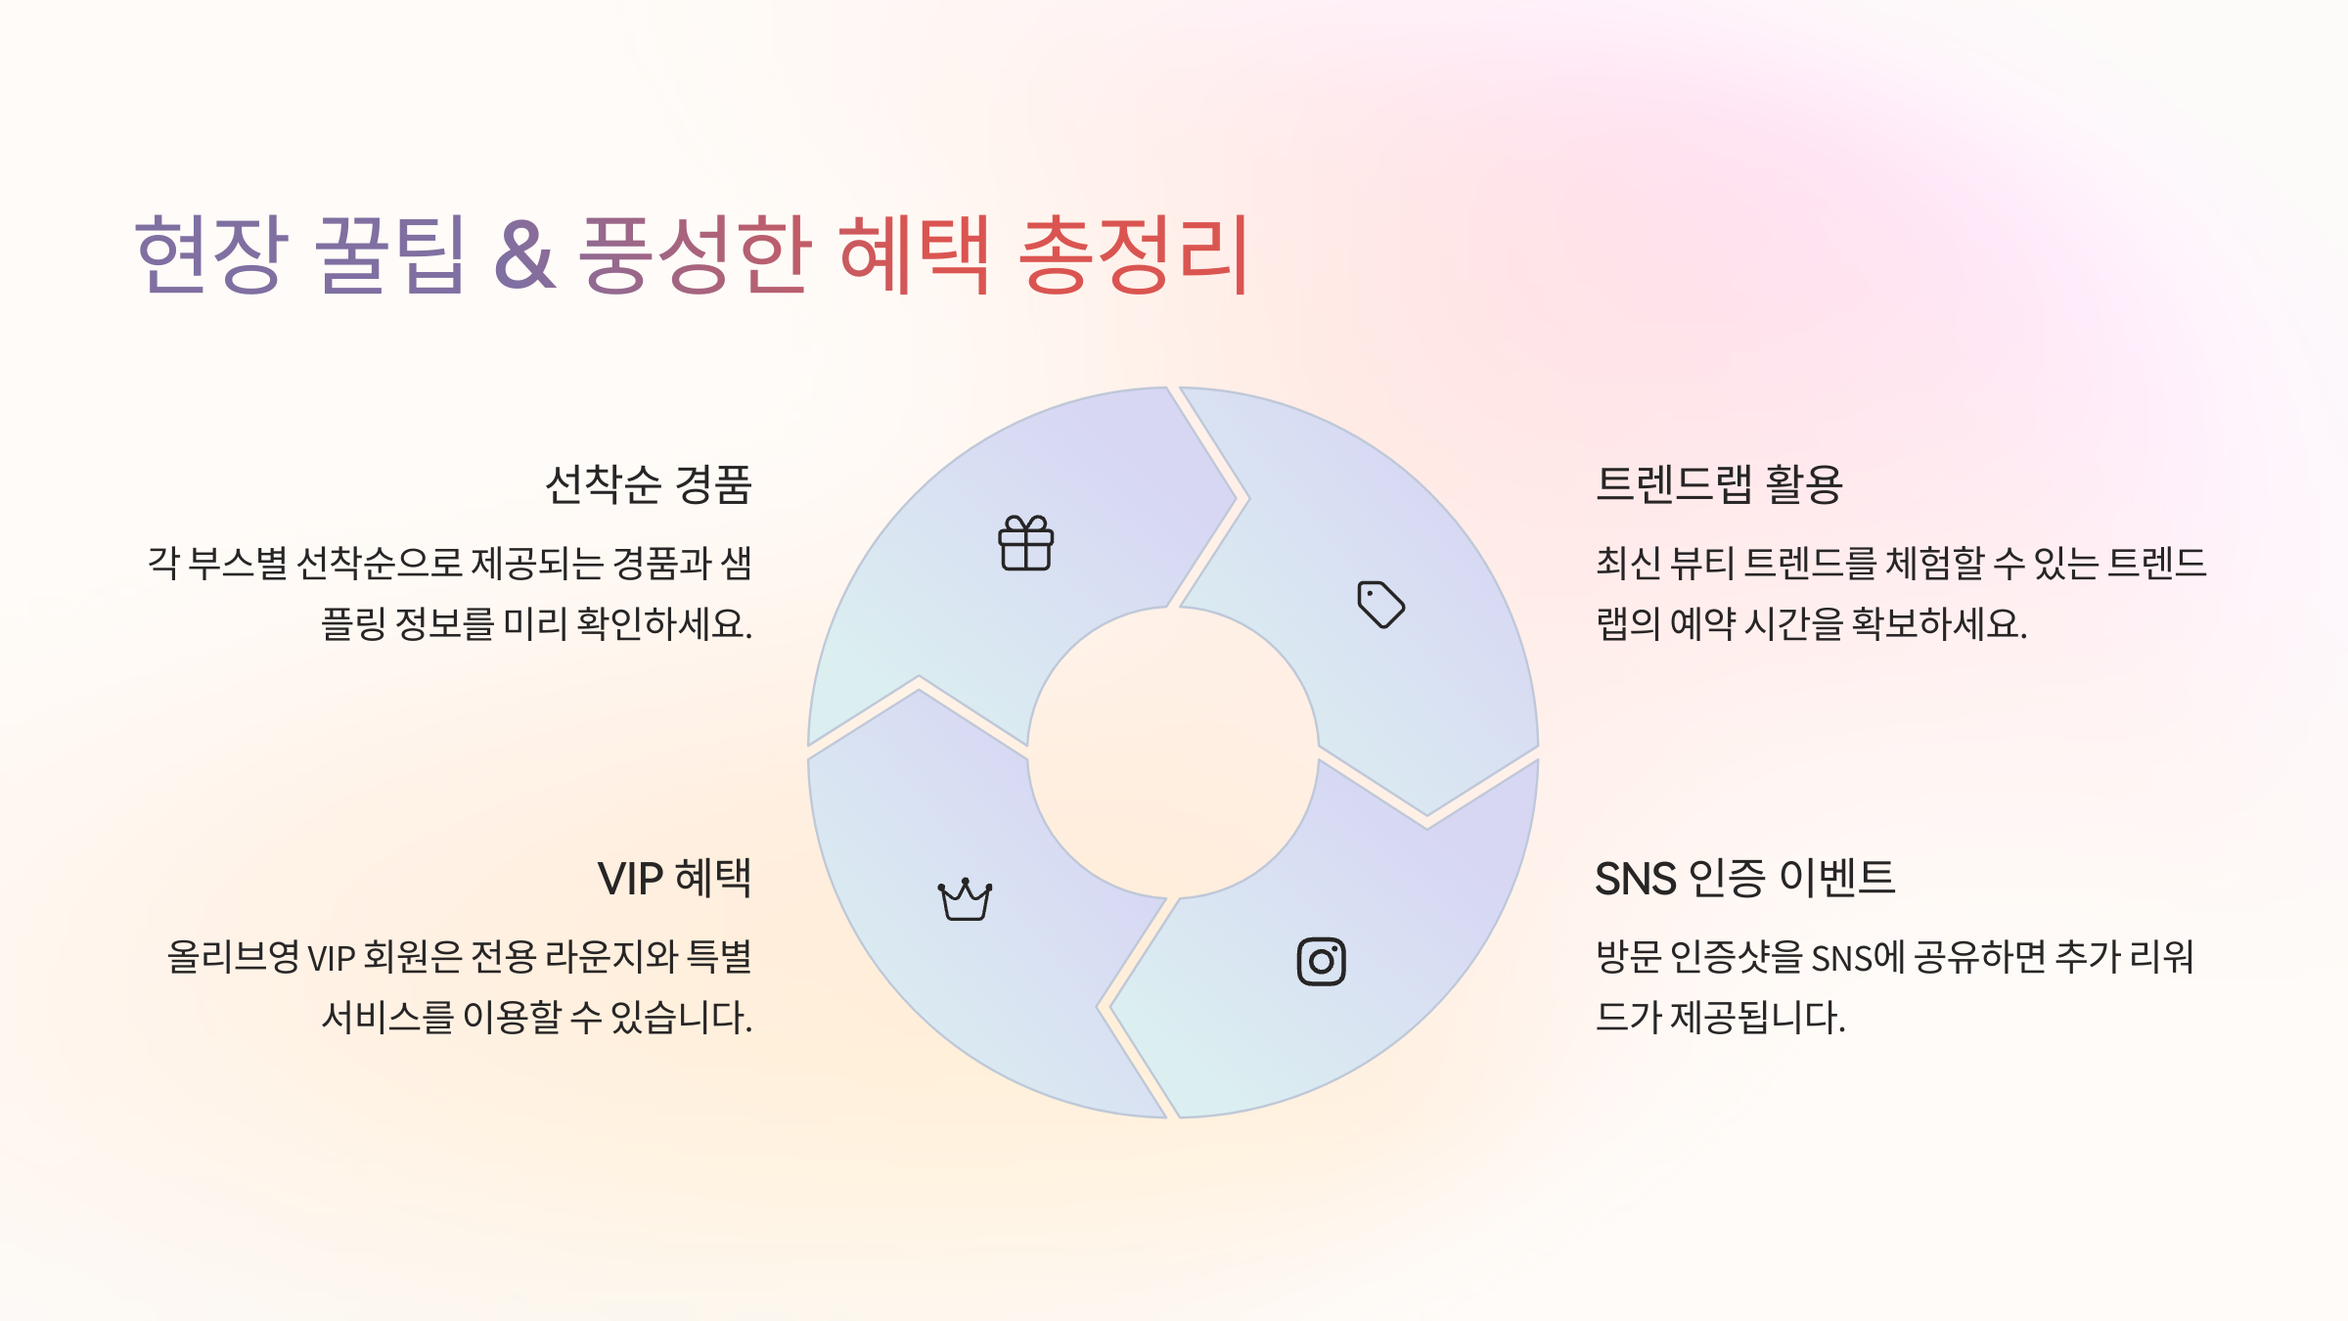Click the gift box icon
(1025, 543)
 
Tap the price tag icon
(1380, 604)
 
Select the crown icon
(965, 899)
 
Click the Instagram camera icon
(1321, 961)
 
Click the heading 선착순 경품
(648, 484)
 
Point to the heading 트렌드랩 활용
(1719, 484)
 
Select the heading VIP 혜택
(674, 878)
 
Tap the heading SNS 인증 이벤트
(1744, 878)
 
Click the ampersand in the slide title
(524, 254)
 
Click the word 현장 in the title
(211, 254)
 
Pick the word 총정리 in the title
(1133, 254)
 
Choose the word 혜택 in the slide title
(914, 254)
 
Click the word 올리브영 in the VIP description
(233, 957)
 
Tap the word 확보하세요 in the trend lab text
(1939, 623)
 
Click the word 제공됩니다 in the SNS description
(1757, 1018)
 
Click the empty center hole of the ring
(1172, 752)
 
